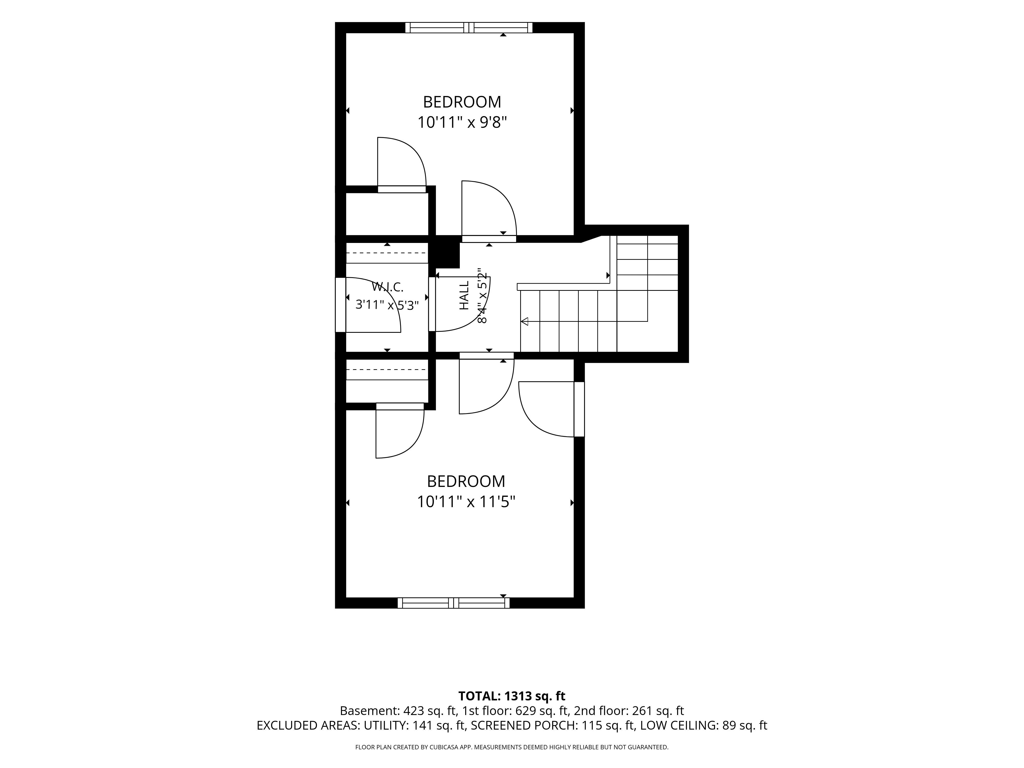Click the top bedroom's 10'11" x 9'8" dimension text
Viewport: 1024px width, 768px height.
tap(462, 123)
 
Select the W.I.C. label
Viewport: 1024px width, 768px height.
tap(388, 287)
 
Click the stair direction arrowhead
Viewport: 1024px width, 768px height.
tap(525, 321)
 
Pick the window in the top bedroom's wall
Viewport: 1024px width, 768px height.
tap(469, 28)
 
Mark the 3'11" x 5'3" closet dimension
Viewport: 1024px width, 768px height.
tap(387, 305)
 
